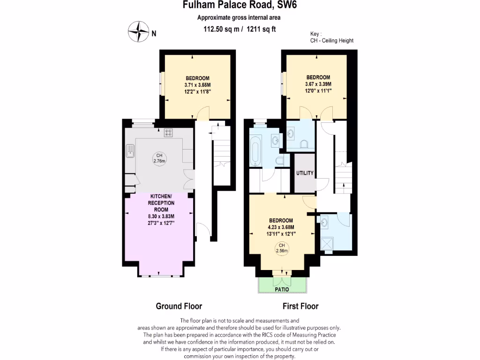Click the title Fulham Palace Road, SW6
tap(239, 6)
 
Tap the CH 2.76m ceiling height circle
tap(160, 158)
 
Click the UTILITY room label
tap(305, 173)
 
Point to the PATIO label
tap(282, 289)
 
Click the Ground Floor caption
tap(179, 306)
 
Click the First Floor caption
tap(300, 306)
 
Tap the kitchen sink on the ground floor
tap(130, 151)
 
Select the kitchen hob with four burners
tap(168, 133)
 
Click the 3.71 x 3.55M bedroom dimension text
tap(197, 85)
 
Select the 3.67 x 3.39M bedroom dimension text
tap(318, 84)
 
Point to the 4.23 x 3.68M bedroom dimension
tap(281, 227)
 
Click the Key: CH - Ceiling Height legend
tap(331, 37)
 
